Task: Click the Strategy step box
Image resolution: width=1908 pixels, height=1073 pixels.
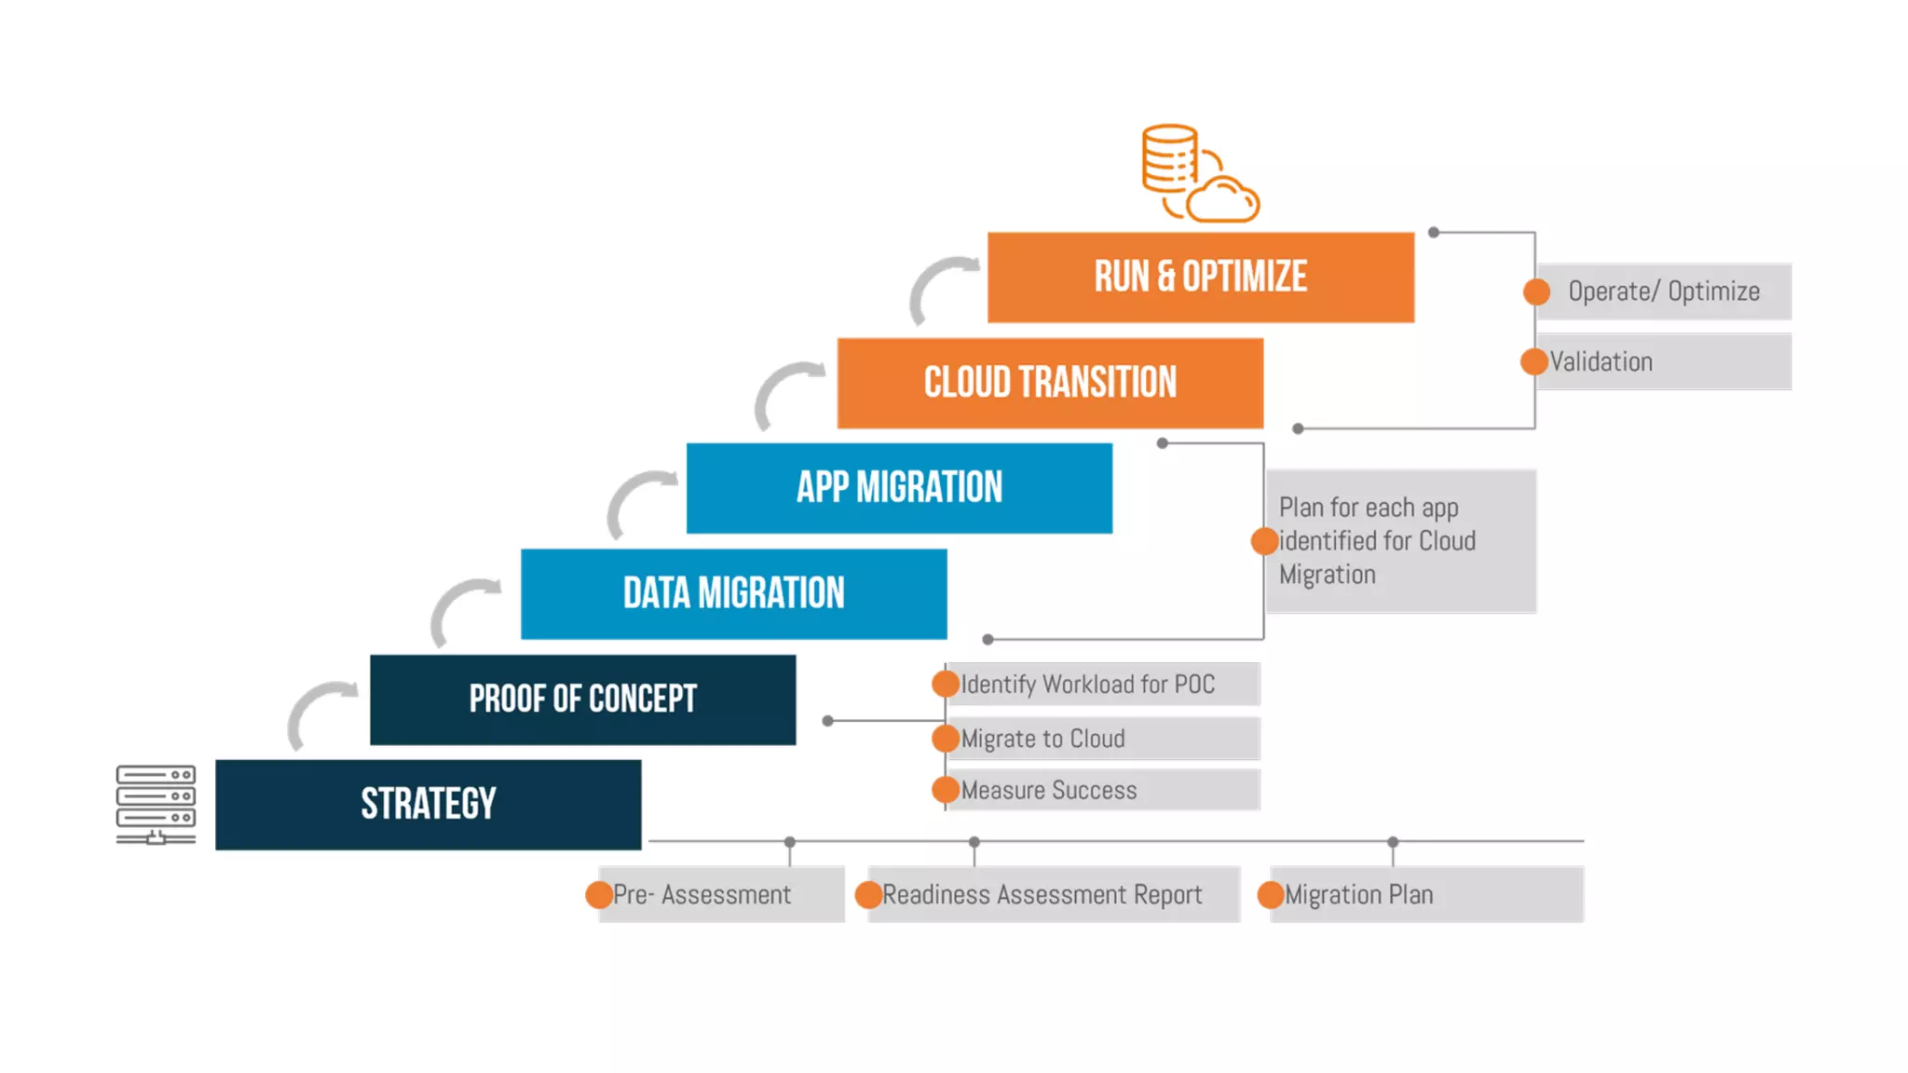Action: coord(428,804)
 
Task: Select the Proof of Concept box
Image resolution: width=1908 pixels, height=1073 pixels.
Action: coord(582,699)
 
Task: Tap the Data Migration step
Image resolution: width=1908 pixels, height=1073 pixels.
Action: coord(733,593)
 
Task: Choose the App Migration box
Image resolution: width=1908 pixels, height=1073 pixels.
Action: coord(899,487)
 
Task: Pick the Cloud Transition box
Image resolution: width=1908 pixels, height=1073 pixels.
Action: coord(1050,383)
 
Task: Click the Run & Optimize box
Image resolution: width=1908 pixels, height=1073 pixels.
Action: coord(1200,277)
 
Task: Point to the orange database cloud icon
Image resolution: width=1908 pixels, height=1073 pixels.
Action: coord(1200,173)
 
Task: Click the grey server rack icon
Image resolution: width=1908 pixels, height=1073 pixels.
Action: coord(156,804)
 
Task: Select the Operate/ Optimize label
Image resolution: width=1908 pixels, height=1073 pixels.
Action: coord(1664,292)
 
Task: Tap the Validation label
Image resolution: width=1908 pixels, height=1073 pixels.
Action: coord(1601,361)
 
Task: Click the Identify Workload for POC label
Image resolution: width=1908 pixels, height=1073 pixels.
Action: coord(1087,685)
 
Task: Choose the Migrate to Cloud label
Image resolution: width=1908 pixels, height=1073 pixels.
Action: coord(1043,739)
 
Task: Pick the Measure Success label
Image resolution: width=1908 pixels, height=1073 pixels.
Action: coord(1049,791)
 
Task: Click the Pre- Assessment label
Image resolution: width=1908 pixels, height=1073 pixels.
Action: coord(702,895)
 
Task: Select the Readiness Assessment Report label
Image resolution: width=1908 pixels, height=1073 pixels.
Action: coord(1042,895)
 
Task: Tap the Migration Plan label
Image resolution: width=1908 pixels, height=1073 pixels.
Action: coord(1358,895)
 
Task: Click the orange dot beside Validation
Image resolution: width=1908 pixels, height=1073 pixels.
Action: coord(1533,361)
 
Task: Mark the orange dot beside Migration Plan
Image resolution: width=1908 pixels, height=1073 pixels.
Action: coord(1270,895)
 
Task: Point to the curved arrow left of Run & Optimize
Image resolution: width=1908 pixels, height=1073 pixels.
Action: coord(941,288)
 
